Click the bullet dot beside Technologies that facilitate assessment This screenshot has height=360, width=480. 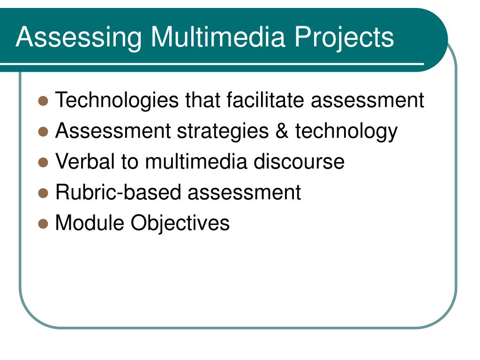(44, 101)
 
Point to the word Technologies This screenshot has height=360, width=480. (117, 100)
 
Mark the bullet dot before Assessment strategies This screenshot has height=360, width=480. (44, 132)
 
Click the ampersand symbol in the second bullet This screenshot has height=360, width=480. (282, 131)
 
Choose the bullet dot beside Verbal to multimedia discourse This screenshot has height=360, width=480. (44, 162)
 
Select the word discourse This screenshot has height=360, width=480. (299, 162)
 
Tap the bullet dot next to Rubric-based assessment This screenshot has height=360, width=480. (44, 193)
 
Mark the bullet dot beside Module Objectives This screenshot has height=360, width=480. (44, 223)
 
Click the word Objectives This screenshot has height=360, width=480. (180, 223)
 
